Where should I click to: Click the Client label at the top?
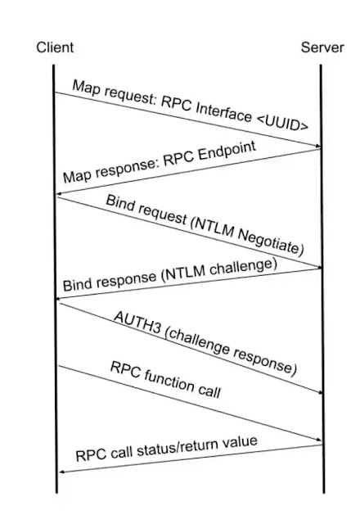(55, 47)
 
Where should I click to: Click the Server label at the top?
(322, 47)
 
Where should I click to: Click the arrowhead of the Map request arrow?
(317, 146)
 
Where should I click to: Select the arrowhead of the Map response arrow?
(60, 194)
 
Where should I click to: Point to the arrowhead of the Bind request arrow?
(319, 267)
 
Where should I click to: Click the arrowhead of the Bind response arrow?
(60, 298)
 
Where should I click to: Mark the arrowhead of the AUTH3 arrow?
(320, 392)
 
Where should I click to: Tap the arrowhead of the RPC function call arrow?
(318, 440)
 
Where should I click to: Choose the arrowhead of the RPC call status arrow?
(62, 472)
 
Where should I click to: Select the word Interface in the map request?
(223, 111)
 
